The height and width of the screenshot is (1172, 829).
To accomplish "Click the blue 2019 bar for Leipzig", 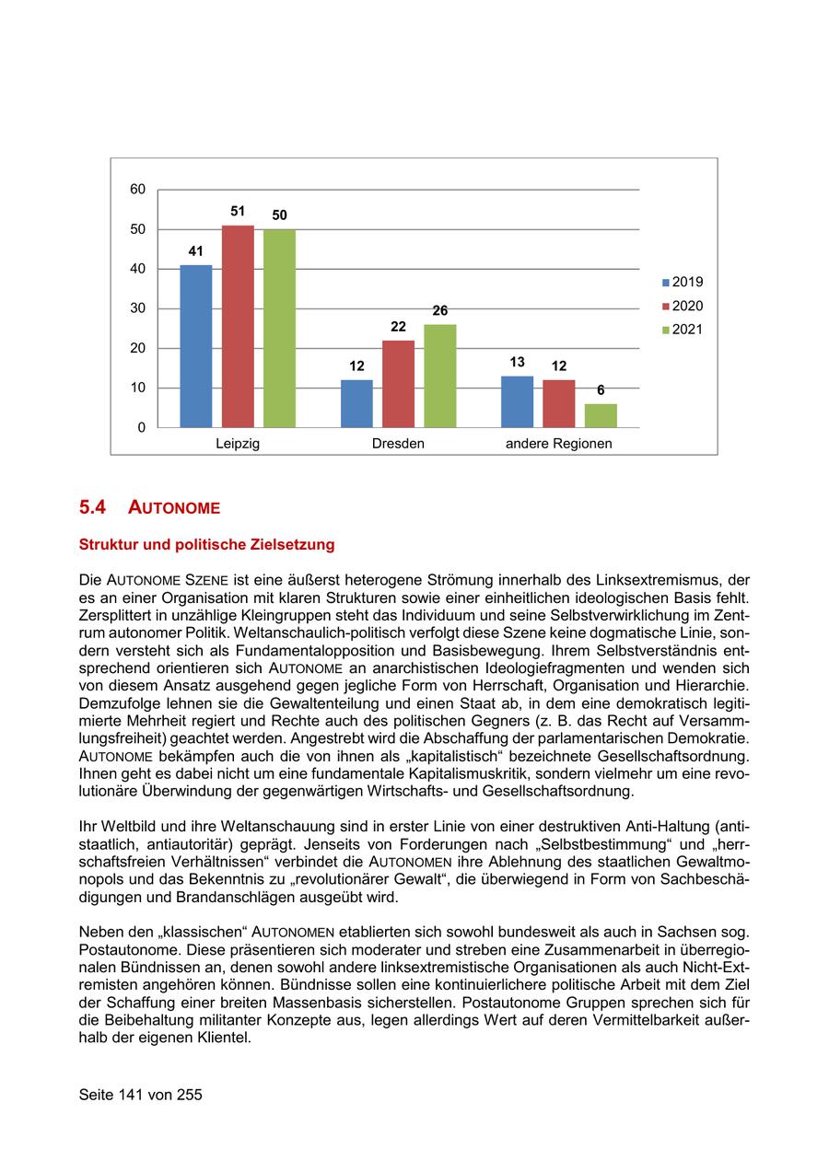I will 196,346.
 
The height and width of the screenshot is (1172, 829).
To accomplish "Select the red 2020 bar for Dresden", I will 398,384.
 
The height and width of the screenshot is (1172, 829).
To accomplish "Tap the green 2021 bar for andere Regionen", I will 601,415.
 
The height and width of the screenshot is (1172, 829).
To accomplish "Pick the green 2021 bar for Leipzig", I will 279,329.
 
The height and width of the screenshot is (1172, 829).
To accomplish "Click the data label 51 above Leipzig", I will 238,211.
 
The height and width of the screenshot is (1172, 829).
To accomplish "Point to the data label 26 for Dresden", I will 440,310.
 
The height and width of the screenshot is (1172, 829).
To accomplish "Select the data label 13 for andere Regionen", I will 518,362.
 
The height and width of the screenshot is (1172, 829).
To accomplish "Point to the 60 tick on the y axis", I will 138,190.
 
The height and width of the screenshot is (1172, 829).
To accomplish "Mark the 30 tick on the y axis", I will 138,308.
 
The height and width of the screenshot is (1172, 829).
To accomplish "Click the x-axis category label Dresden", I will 398,444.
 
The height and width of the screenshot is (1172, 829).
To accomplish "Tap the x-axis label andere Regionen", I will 558,444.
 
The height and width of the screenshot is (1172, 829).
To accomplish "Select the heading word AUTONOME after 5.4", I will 174,507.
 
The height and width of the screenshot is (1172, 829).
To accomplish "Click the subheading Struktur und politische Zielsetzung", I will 207,545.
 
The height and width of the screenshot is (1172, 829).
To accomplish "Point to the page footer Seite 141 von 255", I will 140,1095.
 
